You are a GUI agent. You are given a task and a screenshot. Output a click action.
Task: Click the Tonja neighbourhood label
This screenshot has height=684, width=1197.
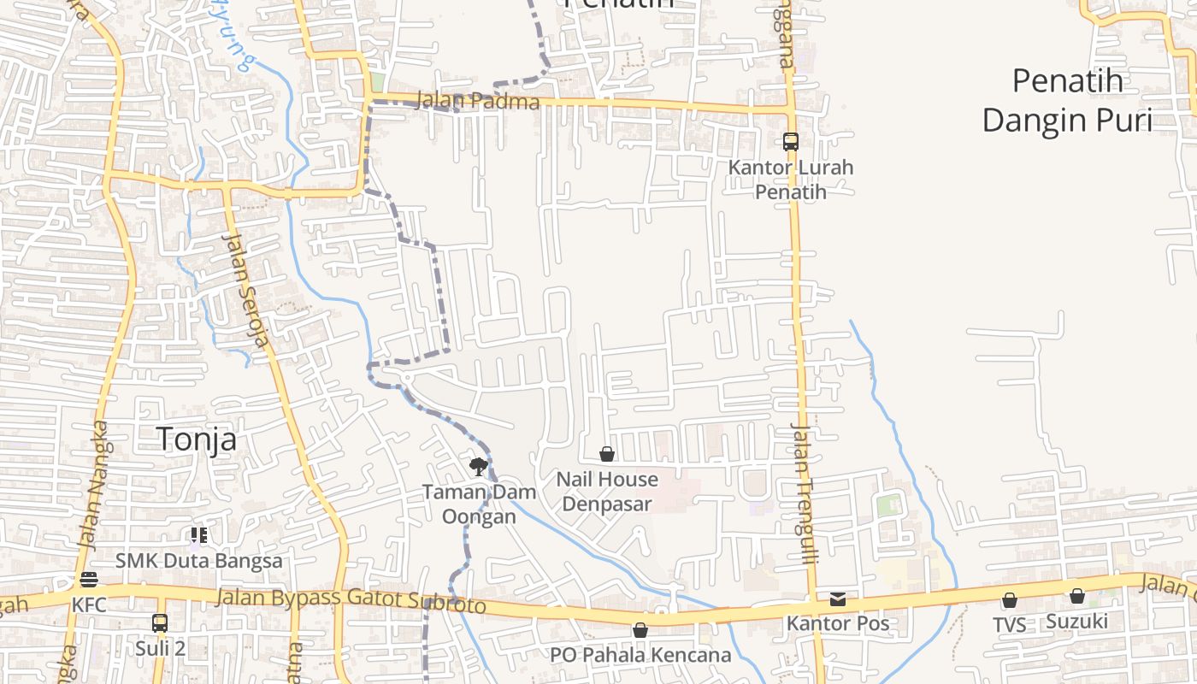click(197, 439)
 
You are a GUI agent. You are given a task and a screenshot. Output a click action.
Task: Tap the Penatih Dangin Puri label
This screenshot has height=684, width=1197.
click(1066, 101)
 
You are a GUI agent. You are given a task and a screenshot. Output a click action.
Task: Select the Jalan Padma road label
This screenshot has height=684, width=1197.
click(478, 101)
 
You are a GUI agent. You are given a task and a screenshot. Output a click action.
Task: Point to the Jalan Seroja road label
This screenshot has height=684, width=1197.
click(246, 289)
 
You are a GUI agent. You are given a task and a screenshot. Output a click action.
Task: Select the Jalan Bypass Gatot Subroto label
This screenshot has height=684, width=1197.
click(351, 600)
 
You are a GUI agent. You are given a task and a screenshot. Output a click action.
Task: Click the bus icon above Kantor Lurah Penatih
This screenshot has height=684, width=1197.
click(791, 142)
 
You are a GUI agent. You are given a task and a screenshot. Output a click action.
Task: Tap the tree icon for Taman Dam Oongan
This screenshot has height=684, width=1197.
click(479, 467)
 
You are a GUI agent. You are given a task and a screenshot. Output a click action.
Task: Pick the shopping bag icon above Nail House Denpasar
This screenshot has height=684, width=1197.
click(607, 454)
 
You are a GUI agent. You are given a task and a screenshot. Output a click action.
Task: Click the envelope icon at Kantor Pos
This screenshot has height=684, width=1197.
click(838, 599)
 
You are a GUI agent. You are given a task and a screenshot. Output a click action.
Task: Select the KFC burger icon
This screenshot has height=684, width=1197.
click(89, 580)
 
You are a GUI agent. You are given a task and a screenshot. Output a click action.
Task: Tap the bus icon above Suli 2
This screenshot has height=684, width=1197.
click(160, 622)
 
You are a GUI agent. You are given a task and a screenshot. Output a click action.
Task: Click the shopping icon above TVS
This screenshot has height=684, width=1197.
click(1010, 600)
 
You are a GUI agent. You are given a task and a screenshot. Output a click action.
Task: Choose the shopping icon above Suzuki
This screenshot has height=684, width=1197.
click(1077, 596)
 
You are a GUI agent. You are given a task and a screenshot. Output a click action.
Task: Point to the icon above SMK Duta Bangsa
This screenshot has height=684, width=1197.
click(199, 536)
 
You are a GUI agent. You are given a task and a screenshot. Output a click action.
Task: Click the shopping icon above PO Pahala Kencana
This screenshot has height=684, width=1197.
click(640, 630)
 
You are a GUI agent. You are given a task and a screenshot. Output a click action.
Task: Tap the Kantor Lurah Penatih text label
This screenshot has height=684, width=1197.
click(791, 180)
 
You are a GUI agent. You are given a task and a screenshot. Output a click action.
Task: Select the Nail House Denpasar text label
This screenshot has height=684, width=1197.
click(607, 492)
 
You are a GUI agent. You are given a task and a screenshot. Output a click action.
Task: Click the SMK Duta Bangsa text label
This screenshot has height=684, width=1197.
click(199, 562)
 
